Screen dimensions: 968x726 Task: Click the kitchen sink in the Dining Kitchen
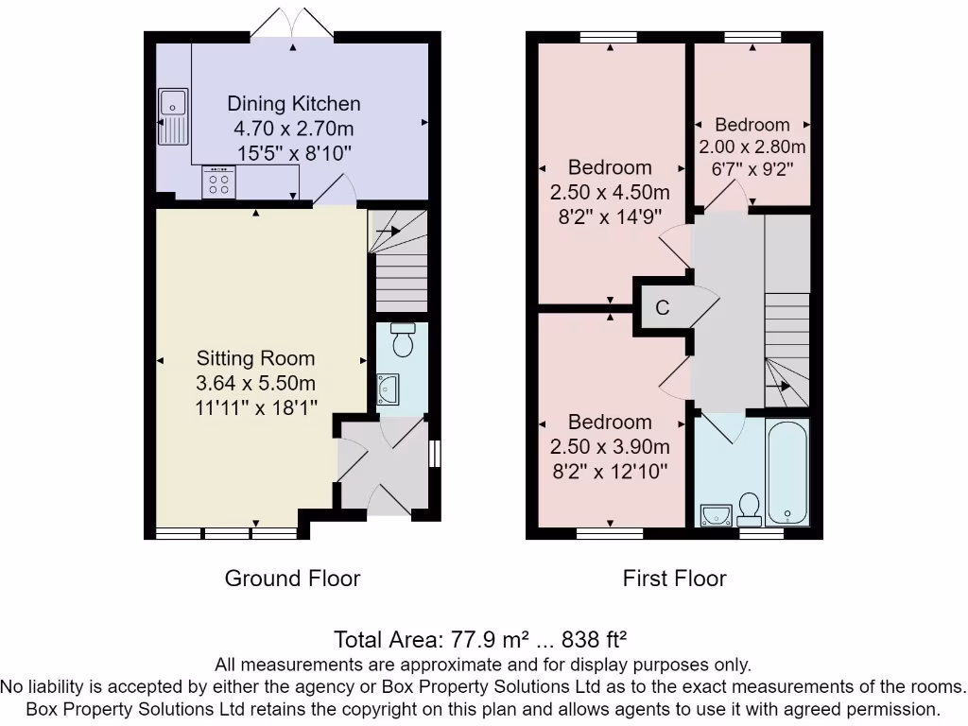(173, 116)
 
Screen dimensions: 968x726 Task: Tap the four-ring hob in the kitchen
(218, 182)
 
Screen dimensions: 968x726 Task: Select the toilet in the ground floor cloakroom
(403, 339)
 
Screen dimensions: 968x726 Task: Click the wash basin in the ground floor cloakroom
(388, 389)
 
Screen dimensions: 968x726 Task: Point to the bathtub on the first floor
(787, 473)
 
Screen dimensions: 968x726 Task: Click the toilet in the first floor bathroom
(750, 510)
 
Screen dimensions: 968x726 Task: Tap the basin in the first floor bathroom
(717, 515)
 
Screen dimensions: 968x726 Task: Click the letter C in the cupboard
(663, 307)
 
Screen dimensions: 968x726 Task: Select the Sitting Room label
(255, 358)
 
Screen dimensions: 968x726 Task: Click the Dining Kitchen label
(294, 104)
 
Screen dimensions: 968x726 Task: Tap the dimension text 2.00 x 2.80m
(752, 147)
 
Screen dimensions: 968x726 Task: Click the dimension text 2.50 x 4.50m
(610, 192)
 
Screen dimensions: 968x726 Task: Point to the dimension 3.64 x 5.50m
(255, 383)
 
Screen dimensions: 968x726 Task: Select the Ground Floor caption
(293, 579)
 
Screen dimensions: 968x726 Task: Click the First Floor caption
(674, 579)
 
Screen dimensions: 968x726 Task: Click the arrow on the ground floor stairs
(388, 232)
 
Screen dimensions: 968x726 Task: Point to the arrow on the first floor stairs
(778, 387)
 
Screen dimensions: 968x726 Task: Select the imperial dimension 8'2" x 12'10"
(610, 472)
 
